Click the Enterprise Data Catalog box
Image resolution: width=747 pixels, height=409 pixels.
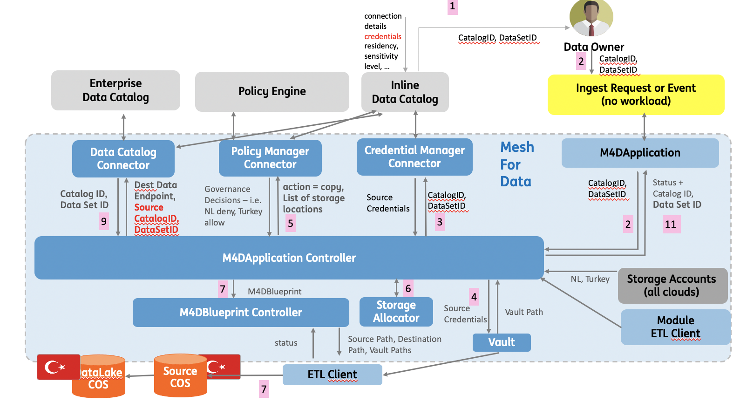(x=115, y=90)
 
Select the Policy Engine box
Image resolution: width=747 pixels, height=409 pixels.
(x=272, y=91)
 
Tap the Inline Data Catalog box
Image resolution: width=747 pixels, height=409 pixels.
(x=405, y=92)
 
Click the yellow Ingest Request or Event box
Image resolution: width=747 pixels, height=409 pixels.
(x=636, y=95)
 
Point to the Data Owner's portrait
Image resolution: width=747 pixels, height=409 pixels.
(x=591, y=18)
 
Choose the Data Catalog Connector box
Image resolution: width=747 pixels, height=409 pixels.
(x=123, y=159)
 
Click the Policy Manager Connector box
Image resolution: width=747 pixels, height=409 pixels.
(x=270, y=158)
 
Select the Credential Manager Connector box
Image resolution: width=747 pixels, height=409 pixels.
(x=414, y=157)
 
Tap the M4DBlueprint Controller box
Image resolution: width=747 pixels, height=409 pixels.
(x=241, y=313)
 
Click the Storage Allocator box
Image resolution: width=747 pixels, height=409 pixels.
(x=396, y=312)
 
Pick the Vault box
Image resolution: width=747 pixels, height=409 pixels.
(x=502, y=342)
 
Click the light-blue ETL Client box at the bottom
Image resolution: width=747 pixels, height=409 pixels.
(x=332, y=375)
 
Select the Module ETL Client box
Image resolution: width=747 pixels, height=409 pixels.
(x=675, y=327)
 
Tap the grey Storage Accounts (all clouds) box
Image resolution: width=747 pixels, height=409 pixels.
(x=672, y=286)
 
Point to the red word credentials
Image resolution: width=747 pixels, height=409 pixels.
(x=382, y=36)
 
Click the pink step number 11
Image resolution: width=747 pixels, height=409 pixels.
(x=671, y=225)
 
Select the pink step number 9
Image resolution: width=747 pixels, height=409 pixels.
(x=104, y=222)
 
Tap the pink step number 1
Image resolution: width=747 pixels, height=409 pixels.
(x=452, y=7)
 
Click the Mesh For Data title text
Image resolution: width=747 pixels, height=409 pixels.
(x=516, y=164)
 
